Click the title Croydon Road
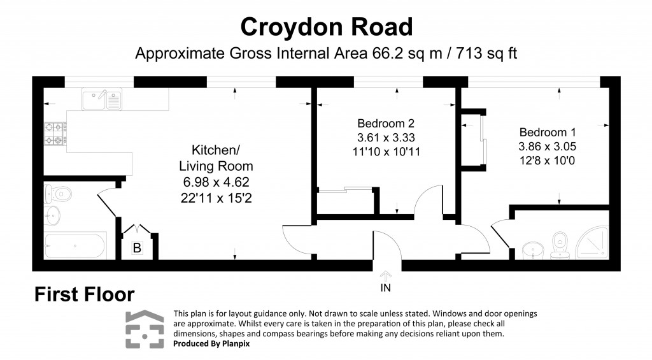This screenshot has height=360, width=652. tap(326, 27)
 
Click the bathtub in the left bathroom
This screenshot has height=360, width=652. tap(75, 245)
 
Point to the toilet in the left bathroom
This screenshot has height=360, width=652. tap(57, 192)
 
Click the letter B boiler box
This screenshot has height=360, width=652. tap(137, 248)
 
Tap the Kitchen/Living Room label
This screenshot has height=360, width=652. tap(216, 158)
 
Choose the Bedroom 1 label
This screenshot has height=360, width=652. tap(547, 133)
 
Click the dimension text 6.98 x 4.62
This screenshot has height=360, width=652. tap(216, 182)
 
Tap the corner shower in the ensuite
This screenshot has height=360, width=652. tap(593, 245)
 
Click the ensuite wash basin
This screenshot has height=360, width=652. tap(532, 249)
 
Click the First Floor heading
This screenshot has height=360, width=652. tap(84, 294)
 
